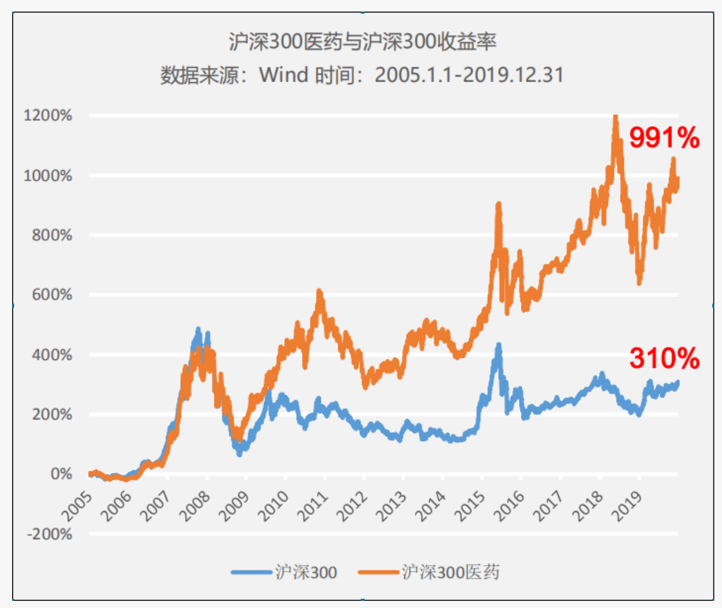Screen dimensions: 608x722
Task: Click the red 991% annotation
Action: (x=664, y=137)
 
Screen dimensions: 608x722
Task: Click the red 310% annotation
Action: (x=664, y=358)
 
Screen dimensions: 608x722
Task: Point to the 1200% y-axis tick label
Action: (x=48, y=116)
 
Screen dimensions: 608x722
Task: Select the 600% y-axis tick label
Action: (x=52, y=294)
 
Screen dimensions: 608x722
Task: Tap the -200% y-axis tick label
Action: (x=50, y=534)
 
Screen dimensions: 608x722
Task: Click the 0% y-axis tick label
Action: (x=61, y=474)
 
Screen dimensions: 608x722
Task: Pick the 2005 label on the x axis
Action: (x=77, y=506)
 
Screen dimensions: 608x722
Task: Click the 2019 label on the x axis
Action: (x=627, y=506)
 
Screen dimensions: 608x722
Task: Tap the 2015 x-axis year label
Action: (x=470, y=506)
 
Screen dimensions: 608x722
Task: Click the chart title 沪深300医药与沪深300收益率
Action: (x=362, y=42)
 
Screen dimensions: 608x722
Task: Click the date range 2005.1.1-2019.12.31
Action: (x=469, y=74)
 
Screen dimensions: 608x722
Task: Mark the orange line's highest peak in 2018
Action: (x=615, y=117)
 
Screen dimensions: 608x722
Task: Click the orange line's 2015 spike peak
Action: (x=498, y=205)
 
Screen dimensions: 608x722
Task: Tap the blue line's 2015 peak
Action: (x=498, y=345)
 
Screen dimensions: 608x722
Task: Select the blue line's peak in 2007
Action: (x=198, y=330)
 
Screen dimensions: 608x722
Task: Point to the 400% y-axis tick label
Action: (x=52, y=354)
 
